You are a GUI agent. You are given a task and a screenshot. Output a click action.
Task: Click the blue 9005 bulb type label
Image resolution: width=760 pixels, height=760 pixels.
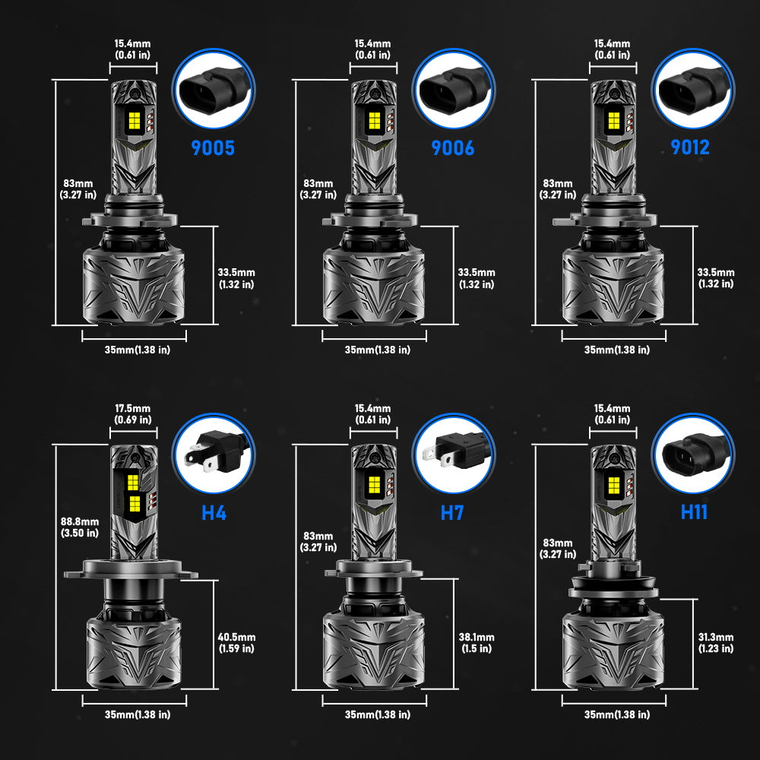pos(214,147)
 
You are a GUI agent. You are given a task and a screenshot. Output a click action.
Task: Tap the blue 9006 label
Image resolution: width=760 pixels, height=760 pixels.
pos(453,147)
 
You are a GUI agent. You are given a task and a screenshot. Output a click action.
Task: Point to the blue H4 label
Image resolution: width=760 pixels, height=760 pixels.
pos(214,511)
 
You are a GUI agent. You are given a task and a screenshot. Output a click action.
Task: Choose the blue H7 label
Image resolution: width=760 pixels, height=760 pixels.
pos(452,511)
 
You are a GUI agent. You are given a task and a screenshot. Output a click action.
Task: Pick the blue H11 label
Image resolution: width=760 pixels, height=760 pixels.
pos(694,511)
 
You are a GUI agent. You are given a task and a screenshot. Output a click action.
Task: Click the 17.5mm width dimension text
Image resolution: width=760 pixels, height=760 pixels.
pos(132,414)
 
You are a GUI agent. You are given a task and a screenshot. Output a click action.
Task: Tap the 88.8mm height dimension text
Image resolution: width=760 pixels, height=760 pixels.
pos(80,527)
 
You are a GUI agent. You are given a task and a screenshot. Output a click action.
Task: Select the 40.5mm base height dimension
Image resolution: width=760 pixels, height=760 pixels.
pos(236,643)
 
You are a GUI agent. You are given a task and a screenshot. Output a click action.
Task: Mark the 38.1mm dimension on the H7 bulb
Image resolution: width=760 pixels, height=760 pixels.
pos(477,643)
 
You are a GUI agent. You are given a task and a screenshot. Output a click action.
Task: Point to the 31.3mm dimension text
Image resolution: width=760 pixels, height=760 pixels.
pos(716,643)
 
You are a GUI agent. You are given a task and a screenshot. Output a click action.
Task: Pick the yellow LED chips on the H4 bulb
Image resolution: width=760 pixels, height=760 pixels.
pos(134,492)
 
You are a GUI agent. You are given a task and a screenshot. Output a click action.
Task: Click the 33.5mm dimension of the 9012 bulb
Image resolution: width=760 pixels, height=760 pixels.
pos(716,278)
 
